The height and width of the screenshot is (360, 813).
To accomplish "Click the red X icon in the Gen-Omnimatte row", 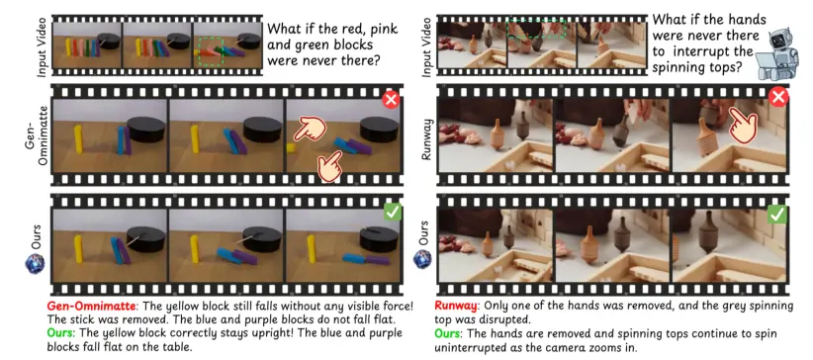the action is click(391, 100).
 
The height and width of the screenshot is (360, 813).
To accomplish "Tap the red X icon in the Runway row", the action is click(778, 97).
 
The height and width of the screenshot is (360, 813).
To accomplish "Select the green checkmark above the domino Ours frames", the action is click(392, 212).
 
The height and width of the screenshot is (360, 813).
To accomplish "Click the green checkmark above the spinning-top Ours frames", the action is click(776, 214).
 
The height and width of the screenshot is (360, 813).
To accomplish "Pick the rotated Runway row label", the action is click(427, 139).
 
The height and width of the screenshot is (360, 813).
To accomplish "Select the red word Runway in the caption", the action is click(454, 306).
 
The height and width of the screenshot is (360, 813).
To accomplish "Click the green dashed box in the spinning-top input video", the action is click(536, 28).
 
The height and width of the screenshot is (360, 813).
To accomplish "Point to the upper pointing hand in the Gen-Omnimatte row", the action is click(309, 129).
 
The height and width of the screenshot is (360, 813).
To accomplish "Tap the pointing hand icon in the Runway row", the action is click(745, 124).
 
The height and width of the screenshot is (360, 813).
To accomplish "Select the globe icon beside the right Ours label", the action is click(423, 259).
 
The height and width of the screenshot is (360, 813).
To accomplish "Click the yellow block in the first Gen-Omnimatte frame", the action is click(78, 139).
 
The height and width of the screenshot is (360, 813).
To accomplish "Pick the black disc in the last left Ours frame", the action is click(379, 238).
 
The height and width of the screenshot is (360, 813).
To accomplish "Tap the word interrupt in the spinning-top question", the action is click(698, 52).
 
